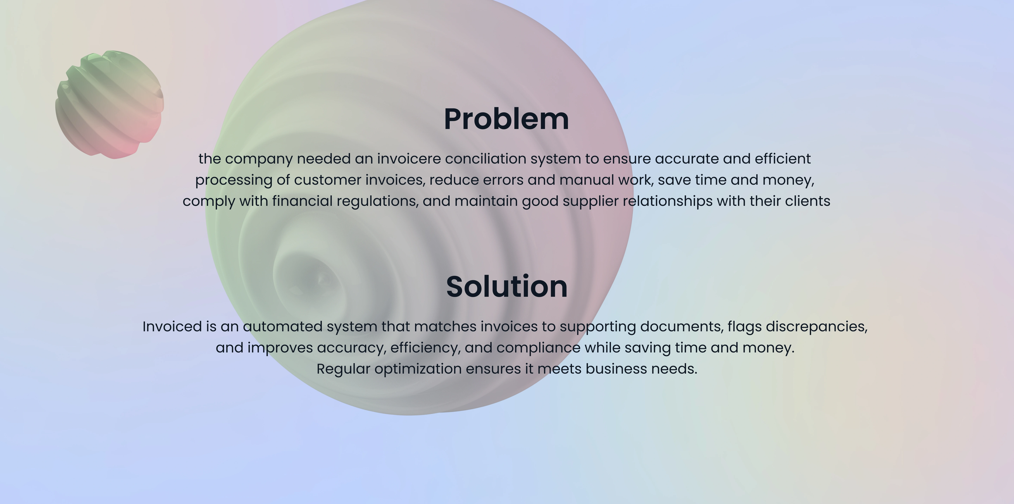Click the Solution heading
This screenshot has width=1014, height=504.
click(x=507, y=287)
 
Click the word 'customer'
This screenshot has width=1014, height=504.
click(x=327, y=180)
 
